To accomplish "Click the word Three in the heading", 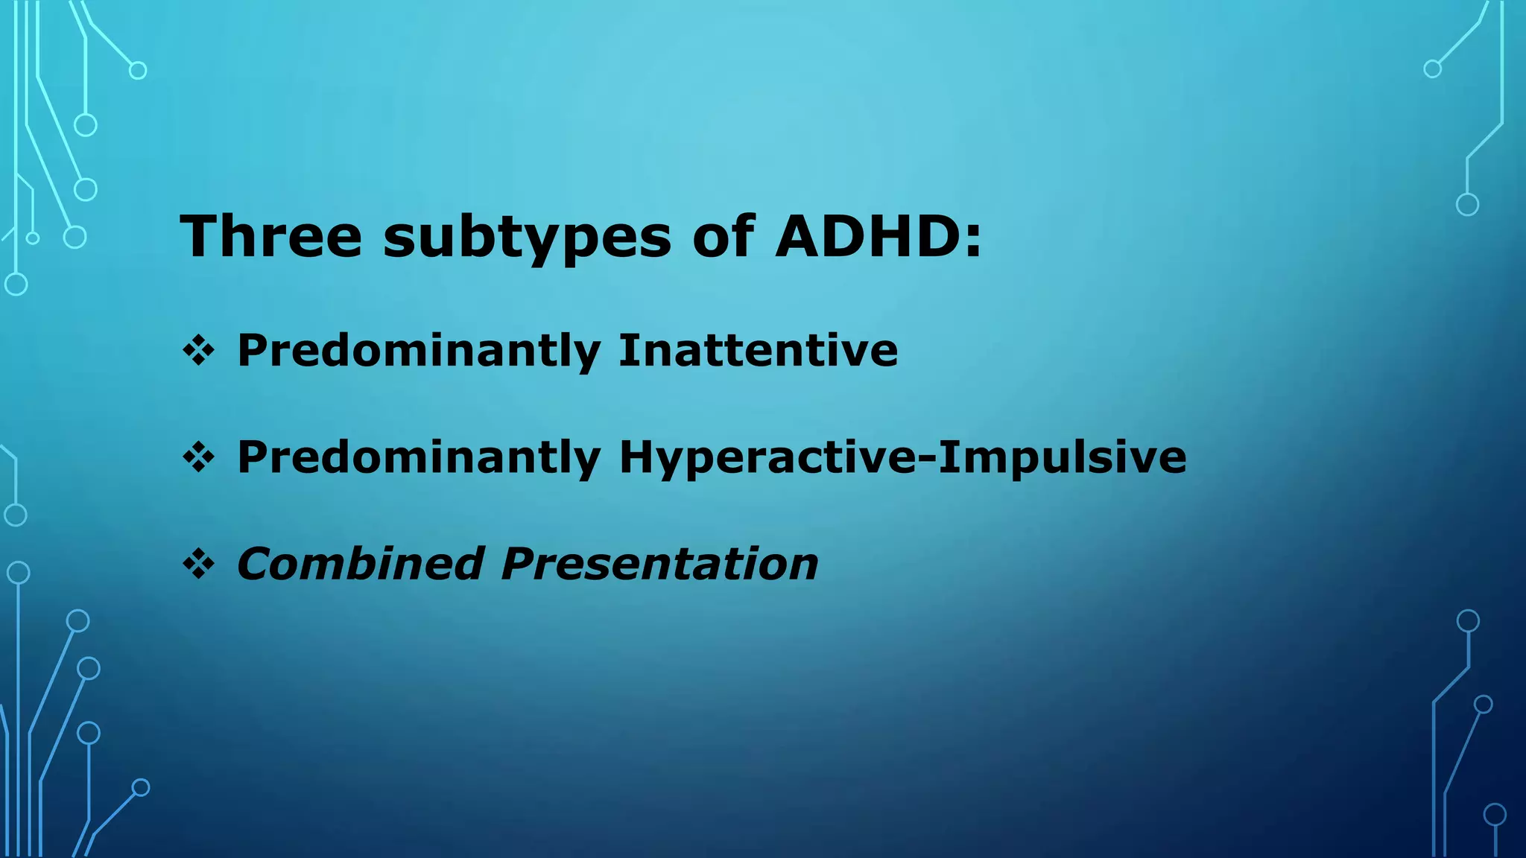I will pyautogui.click(x=270, y=236).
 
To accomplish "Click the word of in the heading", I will pyautogui.click(x=722, y=236).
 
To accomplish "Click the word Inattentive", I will pyautogui.click(x=758, y=350).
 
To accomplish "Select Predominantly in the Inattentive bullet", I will pyautogui.click(x=418, y=352).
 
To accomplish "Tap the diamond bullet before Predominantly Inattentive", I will pyautogui.click(x=198, y=350).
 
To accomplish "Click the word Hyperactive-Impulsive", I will pyautogui.click(x=902, y=457).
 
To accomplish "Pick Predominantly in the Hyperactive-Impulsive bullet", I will pyautogui.click(x=418, y=458).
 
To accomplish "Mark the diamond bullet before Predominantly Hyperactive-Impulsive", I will pyautogui.click(x=198, y=457).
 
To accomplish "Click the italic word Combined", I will pyautogui.click(x=361, y=564).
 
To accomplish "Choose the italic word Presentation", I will pyautogui.click(x=659, y=564).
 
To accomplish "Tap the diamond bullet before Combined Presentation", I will pyautogui.click(x=198, y=564).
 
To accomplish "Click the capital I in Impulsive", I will pyautogui.click(x=946, y=457).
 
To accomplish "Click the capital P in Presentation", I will pyautogui.click(x=519, y=564).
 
